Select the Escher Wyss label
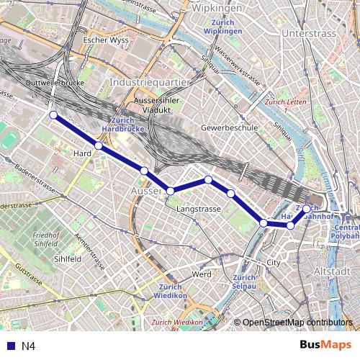tap(106, 40)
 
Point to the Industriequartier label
tap(149, 83)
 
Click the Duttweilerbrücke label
tap(55, 84)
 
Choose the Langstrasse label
tap(198, 209)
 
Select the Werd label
tap(202, 274)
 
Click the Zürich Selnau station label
tap(246, 282)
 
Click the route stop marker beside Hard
tap(99, 146)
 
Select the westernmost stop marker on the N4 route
tap(53, 114)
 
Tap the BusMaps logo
tap(325, 345)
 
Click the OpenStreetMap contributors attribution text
tap(297, 323)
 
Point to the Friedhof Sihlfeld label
tap(46, 240)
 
